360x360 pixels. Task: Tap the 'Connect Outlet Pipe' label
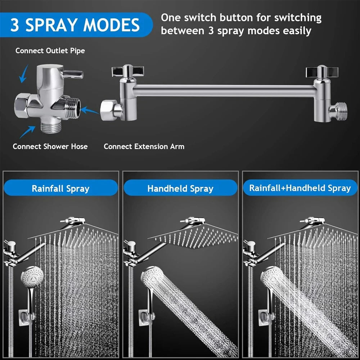pyautogui.click(x=50, y=51)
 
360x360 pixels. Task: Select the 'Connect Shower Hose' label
pyautogui.click(x=50, y=147)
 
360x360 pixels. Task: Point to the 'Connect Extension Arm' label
pyautogui.click(x=144, y=147)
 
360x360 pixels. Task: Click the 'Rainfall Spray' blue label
pyautogui.click(x=60, y=188)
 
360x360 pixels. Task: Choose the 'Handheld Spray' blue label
pyautogui.click(x=180, y=188)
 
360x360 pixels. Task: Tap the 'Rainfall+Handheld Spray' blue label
pyautogui.click(x=300, y=188)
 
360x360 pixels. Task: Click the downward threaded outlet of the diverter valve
pyautogui.click(x=47, y=126)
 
